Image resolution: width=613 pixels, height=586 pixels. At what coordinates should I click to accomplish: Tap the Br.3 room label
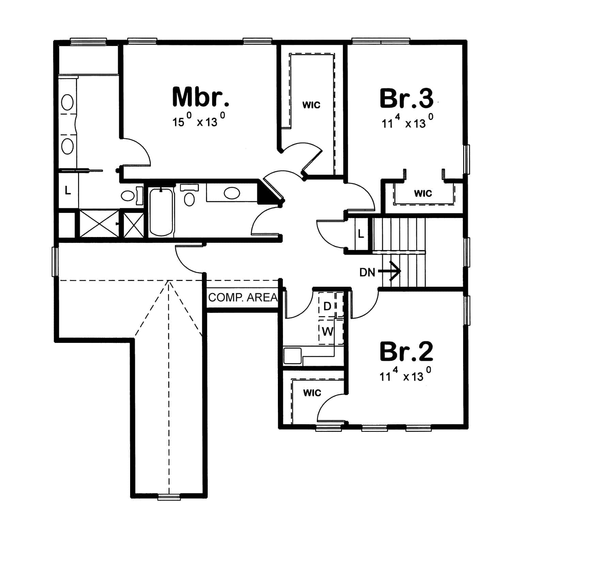(406, 98)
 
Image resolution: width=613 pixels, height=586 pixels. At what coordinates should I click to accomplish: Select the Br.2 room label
(406, 351)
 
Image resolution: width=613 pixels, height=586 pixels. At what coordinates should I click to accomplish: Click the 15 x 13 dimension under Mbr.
(199, 121)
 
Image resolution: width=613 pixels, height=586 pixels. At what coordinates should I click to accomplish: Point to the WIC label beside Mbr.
(311, 105)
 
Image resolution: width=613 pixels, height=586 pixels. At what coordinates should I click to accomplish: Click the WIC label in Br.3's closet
(423, 193)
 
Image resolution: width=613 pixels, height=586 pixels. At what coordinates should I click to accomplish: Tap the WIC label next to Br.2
(312, 393)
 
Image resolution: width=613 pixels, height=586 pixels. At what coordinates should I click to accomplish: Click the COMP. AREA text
(243, 298)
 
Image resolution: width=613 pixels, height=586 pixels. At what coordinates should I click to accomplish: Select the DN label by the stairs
(367, 272)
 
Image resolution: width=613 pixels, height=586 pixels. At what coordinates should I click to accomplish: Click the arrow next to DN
(390, 271)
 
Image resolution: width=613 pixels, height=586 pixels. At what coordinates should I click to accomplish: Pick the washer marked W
(327, 331)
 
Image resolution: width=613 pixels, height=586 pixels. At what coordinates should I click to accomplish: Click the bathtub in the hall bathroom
(161, 212)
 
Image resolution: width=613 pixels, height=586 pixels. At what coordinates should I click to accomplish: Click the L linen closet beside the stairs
(361, 234)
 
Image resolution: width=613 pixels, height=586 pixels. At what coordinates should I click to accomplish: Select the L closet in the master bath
(68, 190)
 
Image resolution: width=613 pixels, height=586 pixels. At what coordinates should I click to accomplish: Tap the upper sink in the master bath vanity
(67, 102)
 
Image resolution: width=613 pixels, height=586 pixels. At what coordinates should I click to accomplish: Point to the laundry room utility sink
(292, 355)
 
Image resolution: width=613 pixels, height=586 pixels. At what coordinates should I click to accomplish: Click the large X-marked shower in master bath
(99, 224)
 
